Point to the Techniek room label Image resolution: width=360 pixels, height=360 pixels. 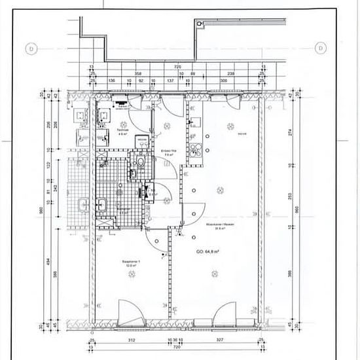click(x=122, y=130)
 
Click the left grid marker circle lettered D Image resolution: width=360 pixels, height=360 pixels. click(x=29, y=48)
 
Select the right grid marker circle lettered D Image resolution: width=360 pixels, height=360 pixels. click(x=321, y=48)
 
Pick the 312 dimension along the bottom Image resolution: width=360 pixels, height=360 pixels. click(x=131, y=340)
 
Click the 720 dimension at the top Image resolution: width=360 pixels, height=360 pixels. click(x=176, y=67)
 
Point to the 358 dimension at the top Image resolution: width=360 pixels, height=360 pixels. click(x=138, y=74)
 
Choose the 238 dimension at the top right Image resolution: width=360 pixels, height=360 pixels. click(x=231, y=74)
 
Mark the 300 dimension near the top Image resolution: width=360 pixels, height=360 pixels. click(x=224, y=81)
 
